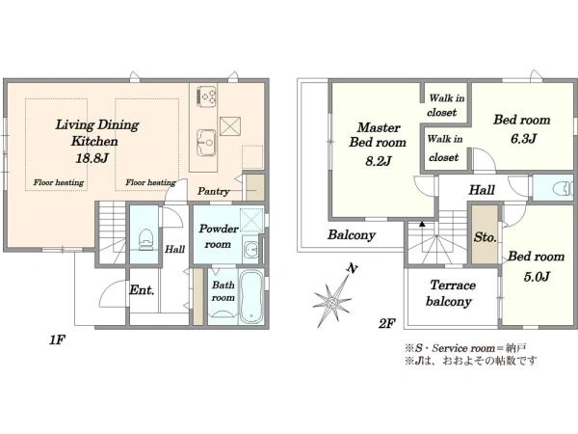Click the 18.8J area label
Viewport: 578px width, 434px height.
(x=92, y=158)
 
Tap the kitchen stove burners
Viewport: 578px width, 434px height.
(x=206, y=96)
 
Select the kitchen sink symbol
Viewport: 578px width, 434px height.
(x=206, y=143)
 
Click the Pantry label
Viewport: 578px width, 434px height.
(x=214, y=191)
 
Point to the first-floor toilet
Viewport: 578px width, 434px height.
(x=145, y=239)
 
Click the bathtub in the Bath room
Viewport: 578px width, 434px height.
(x=251, y=297)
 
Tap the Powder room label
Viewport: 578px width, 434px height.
(x=219, y=236)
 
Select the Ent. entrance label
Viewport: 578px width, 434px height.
(x=142, y=290)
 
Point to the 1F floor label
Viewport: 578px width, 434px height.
(x=57, y=339)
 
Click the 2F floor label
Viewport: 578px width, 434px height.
(x=386, y=324)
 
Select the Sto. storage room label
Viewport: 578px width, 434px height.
(x=486, y=237)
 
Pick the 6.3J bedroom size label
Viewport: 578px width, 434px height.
(x=523, y=139)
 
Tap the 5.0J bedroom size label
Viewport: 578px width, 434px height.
(x=537, y=277)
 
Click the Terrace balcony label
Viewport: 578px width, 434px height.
(x=451, y=293)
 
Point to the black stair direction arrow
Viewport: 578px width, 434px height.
(x=423, y=224)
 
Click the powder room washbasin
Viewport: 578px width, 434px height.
(x=251, y=250)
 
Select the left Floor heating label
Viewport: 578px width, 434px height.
(x=59, y=182)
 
